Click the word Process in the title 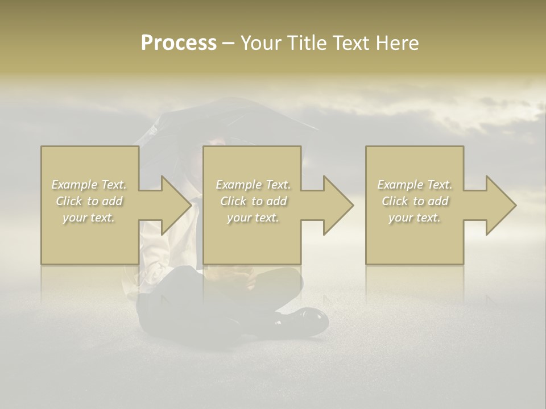point(179,43)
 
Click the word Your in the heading point(259,43)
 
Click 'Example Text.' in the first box point(89,185)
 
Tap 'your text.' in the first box point(89,218)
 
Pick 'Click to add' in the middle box point(253,201)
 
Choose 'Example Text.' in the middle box point(253,185)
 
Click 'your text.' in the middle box point(253,218)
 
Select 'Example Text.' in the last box point(415,185)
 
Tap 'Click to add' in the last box point(415,201)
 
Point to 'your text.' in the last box point(415,218)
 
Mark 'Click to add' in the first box point(89,201)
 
